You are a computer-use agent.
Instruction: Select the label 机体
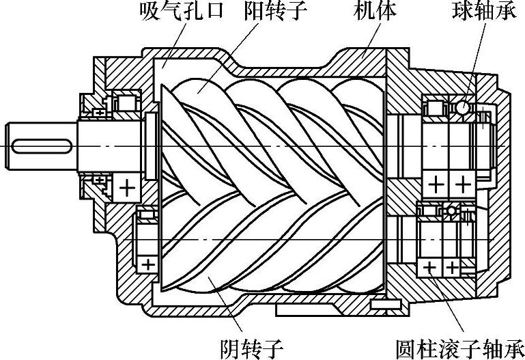pos(375,12)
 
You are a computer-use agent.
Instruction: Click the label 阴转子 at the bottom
pos(253,348)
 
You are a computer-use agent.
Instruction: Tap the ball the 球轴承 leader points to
pos(462,107)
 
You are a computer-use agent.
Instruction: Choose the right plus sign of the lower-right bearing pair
pos(453,266)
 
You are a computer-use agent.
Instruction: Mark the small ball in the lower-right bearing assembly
pos(451,211)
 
